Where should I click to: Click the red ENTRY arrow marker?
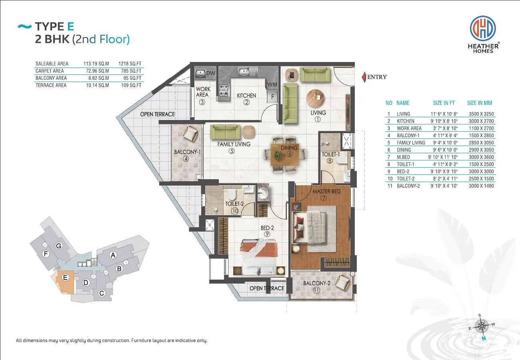364,77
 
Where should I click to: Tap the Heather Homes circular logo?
483,28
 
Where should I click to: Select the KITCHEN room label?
246,96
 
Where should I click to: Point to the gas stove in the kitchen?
224,90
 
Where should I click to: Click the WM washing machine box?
272,85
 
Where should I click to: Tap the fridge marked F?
272,96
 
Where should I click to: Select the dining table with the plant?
285,154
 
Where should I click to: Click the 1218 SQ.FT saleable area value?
130,64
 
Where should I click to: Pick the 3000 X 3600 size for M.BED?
481,157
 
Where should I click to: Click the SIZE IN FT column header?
444,103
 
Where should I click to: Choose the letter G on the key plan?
59,246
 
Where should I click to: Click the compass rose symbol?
482,326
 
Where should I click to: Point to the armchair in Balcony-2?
342,282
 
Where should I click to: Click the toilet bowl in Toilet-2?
232,194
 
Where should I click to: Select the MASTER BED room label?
326,192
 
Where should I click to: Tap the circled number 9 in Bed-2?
267,234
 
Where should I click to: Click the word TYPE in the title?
50,26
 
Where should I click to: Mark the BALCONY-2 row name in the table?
408,186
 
